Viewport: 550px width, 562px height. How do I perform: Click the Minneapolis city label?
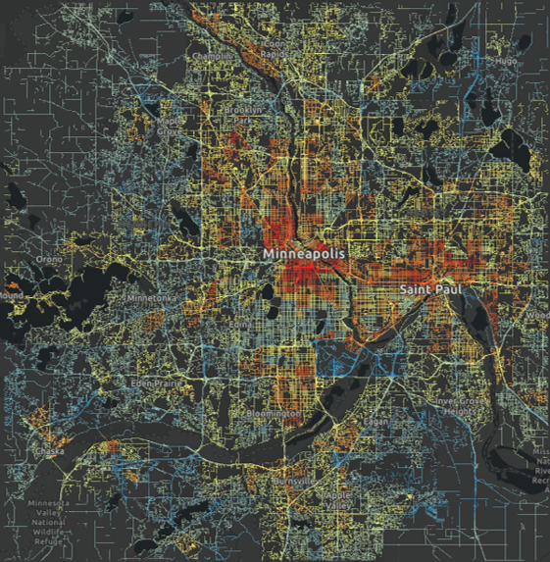click(x=304, y=253)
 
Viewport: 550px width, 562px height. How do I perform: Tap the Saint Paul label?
click(x=428, y=290)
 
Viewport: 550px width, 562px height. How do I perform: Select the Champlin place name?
click(x=215, y=57)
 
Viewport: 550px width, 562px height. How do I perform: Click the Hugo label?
click(x=506, y=61)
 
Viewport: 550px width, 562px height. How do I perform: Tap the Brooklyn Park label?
click(x=244, y=111)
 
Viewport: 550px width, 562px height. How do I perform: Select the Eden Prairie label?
click(x=157, y=383)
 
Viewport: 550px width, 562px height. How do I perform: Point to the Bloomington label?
click(x=274, y=414)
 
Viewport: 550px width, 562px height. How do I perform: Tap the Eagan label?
click(x=376, y=420)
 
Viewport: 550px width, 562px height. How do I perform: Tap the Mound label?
click(x=12, y=294)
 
